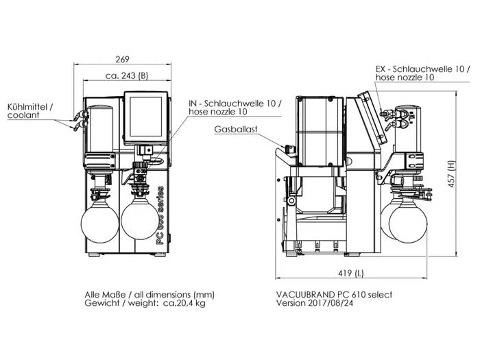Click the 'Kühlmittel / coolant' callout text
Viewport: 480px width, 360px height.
(x=29, y=112)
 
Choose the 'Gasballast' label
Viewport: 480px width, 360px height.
(x=235, y=128)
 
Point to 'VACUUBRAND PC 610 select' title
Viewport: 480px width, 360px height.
(x=333, y=294)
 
